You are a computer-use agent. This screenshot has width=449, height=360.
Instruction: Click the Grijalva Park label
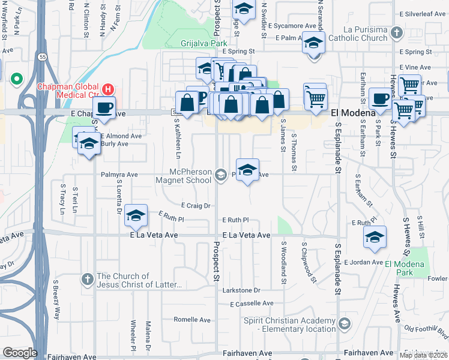[204, 43]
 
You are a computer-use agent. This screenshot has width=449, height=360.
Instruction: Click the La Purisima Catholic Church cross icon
[396, 32]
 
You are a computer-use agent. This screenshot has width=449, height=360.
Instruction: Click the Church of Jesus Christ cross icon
[87, 279]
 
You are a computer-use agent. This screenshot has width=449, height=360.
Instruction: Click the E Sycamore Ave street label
[292, 26]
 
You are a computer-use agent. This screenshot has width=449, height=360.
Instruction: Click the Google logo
[20, 353]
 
